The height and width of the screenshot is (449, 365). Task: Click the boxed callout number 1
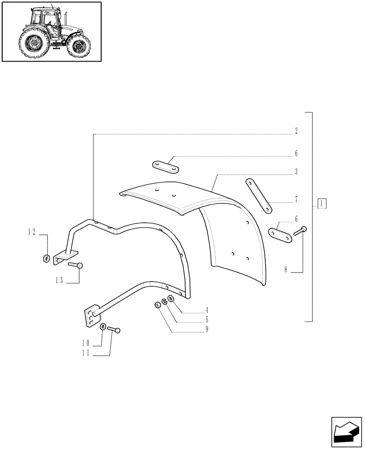(x=322, y=203)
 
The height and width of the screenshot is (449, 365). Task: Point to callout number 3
(x=297, y=172)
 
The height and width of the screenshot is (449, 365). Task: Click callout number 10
(x=85, y=343)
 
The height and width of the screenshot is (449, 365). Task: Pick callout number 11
(x=85, y=353)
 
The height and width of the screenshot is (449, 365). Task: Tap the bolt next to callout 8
(x=300, y=231)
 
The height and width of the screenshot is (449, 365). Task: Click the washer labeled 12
(x=47, y=259)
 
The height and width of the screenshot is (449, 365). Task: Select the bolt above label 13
(x=76, y=265)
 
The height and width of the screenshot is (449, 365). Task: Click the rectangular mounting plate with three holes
(x=91, y=316)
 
